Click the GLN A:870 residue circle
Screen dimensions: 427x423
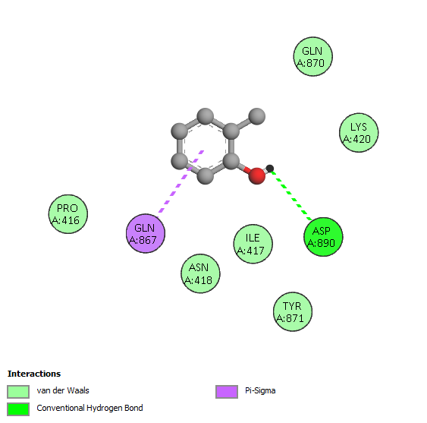313,56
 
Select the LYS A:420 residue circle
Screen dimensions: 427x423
359,133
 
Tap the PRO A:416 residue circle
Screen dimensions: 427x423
68,214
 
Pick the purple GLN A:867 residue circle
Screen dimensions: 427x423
146,233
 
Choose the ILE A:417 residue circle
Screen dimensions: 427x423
253,244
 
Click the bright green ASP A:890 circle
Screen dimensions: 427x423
323,237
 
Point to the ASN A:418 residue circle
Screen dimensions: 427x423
200,273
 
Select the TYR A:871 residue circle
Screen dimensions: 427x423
293,311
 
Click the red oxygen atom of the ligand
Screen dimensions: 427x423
257,176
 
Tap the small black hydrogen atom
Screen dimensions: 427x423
270,169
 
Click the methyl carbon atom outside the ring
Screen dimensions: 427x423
257,116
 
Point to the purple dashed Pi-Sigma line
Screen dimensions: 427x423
180,184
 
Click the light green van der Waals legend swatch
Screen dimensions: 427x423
18,392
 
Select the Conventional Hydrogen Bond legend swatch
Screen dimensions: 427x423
18,409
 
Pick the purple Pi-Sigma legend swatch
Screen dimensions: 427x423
227,392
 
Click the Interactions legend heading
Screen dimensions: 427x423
34,374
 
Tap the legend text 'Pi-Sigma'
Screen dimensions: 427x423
260,391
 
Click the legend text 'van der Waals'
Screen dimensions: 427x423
63,390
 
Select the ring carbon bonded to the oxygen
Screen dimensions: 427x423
231,161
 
